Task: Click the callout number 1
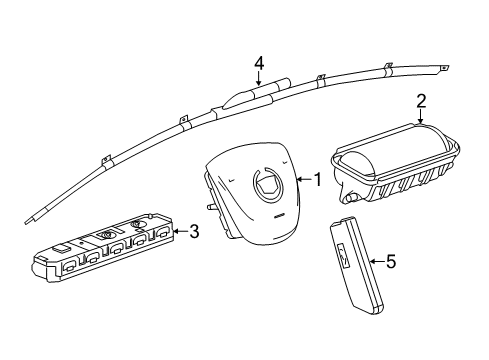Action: (318, 179)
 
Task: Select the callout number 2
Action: (421, 101)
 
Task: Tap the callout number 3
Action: (194, 231)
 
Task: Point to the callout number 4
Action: (259, 63)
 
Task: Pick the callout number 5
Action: (391, 261)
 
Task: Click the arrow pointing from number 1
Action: (304, 180)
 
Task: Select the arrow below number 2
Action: (421, 117)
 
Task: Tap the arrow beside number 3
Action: (181, 231)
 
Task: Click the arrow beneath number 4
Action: (259, 78)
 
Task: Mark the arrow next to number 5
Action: (377, 261)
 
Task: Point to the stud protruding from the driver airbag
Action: (211, 207)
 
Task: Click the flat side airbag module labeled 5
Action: (357, 265)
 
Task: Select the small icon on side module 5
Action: (344, 256)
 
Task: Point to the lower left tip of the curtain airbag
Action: (27, 222)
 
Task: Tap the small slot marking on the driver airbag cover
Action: (279, 217)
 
